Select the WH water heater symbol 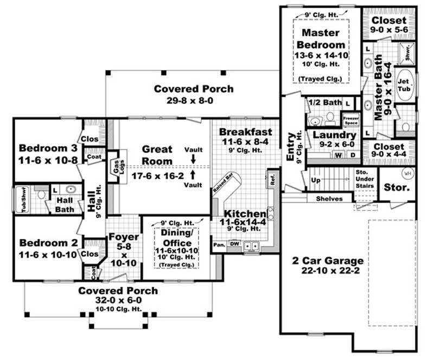click(407, 173)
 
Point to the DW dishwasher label click(234, 244)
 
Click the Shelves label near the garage click(329, 199)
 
